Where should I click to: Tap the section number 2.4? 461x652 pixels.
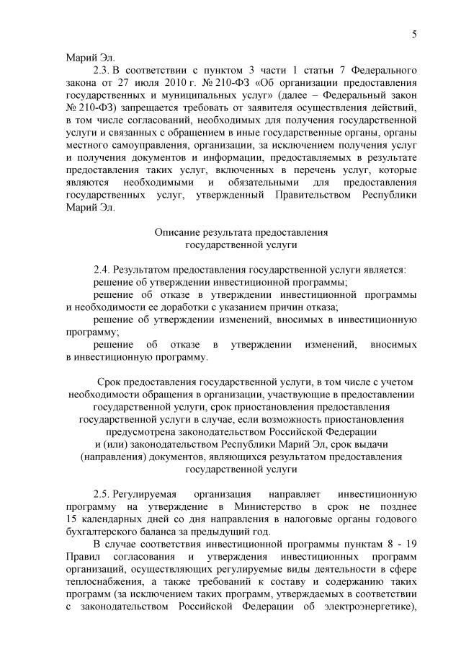(102, 269)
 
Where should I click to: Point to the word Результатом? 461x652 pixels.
(142, 269)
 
